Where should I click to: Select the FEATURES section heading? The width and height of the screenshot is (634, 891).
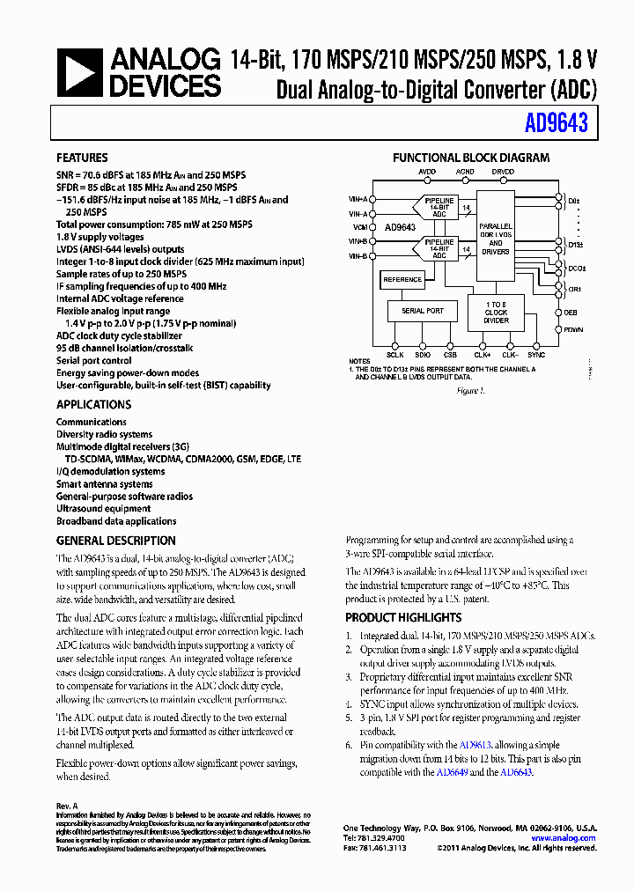[x=82, y=158]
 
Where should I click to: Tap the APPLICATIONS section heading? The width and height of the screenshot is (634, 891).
[x=93, y=405]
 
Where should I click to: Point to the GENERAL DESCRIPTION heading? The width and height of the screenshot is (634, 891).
[x=115, y=541]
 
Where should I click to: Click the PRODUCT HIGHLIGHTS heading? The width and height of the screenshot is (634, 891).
[x=402, y=618]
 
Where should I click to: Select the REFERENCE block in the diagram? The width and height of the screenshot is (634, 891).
[x=402, y=280]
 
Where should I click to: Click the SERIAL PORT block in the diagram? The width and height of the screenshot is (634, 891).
[x=423, y=311]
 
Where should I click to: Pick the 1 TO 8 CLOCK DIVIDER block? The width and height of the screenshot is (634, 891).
[x=496, y=313]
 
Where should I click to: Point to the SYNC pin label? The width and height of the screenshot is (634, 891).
[x=536, y=355]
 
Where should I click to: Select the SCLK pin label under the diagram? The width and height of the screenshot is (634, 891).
[x=395, y=355]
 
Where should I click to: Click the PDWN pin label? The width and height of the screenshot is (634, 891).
[x=573, y=330]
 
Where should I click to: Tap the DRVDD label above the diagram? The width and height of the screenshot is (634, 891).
[x=503, y=172]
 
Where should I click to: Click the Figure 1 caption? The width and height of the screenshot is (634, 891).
[x=470, y=390]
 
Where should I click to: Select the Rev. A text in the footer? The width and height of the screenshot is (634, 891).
[x=67, y=806]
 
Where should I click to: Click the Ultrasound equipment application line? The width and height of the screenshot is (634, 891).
[x=103, y=509]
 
